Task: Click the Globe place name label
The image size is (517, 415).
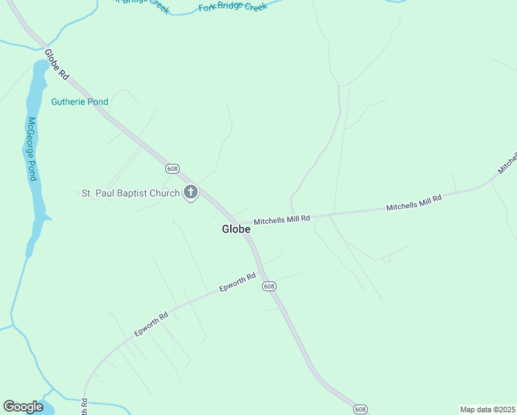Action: [236, 229]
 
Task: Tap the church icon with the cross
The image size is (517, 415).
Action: [191, 193]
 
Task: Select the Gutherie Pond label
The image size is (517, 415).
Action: [79, 102]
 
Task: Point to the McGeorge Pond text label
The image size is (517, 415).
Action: [31, 149]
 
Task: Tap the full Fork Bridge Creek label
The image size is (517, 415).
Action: [232, 7]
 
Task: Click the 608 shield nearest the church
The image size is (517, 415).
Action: [172, 169]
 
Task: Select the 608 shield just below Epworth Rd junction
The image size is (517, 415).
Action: [269, 286]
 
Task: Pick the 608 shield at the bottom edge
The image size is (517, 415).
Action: [360, 409]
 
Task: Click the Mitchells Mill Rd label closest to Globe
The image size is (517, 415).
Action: [282, 221]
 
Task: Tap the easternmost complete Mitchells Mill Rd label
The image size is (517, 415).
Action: [413, 203]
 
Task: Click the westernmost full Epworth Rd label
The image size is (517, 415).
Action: [151, 324]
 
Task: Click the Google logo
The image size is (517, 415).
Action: [23, 407]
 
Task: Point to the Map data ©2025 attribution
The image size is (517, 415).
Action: [487, 409]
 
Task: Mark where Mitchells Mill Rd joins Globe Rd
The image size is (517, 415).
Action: [243, 223]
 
